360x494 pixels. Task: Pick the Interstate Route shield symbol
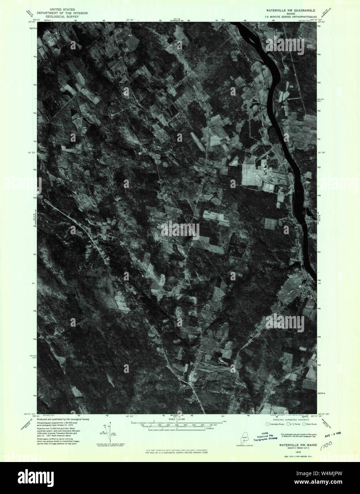[268, 424]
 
